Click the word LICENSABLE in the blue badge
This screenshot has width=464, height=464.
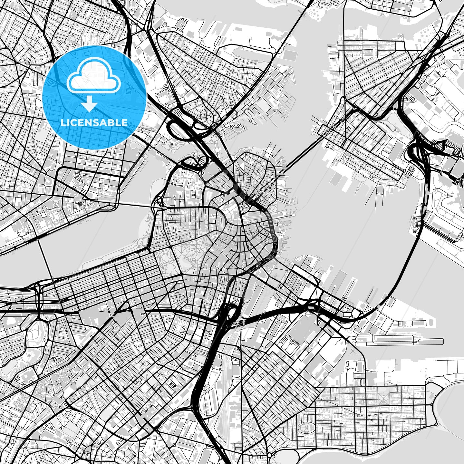[x=94, y=122]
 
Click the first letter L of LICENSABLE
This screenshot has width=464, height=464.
[x=63, y=122]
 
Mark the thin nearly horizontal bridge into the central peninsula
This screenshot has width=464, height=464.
[x=135, y=205]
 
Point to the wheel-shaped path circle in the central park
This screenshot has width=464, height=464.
[x=192, y=260]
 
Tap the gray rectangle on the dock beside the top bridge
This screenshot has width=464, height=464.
[x=290, y=54]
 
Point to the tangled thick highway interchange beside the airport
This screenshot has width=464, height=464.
[x=419, y=151]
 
